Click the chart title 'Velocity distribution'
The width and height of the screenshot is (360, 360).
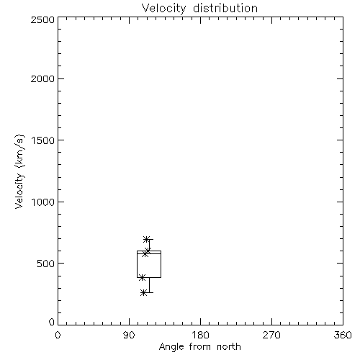199,9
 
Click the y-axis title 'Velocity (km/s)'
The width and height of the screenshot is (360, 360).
19,171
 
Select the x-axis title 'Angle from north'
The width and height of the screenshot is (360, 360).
199,347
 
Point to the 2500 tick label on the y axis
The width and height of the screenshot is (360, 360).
42,19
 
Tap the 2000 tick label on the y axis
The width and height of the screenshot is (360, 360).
42,78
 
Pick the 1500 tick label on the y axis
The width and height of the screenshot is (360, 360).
43,140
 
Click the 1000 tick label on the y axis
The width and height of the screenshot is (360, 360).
43,202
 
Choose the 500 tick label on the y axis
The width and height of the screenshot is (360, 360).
46,264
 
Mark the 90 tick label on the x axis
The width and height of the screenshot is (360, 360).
129,335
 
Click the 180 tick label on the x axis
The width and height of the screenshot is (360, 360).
200,335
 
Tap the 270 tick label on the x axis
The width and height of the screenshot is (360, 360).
271,335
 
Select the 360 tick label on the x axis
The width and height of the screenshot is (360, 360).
343,335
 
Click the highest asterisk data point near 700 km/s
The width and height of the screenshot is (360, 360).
146,239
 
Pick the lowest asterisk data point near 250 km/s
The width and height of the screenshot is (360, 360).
143,292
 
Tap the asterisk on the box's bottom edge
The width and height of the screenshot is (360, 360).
142,278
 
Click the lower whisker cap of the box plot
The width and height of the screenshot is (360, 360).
149,292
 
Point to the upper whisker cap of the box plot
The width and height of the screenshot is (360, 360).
150,239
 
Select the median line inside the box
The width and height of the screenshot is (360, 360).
149,253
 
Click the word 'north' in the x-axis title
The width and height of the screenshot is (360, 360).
229,347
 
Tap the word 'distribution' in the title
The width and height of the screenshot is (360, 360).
225,9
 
